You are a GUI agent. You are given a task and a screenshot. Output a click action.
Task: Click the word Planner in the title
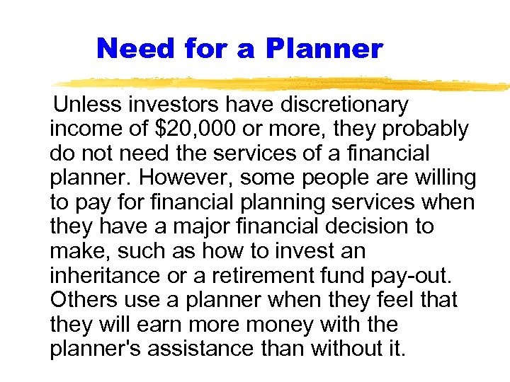(325, 48)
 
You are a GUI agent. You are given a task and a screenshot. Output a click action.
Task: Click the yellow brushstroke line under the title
(283, 83)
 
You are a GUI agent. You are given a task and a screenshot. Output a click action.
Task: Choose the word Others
(80, 300)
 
